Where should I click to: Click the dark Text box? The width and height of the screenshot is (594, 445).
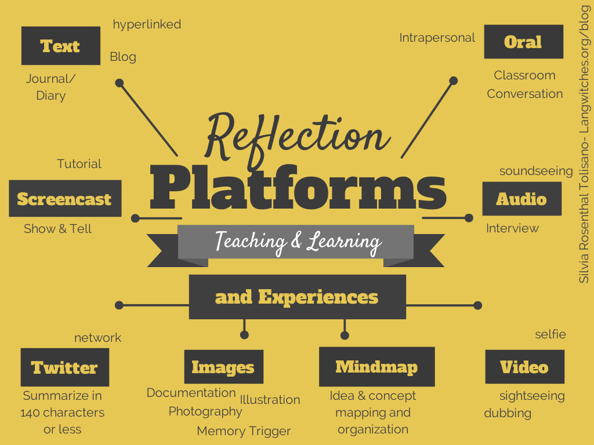tap(60, 46)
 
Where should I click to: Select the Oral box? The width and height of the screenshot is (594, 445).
tap(523, 42)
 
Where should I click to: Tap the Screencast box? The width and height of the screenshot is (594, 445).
tap(64, 199)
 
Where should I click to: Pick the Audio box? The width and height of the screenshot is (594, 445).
tap(521, 199)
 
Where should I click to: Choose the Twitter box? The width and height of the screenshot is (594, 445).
tap(64, 367)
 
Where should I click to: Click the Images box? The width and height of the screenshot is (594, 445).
tap(223, 367)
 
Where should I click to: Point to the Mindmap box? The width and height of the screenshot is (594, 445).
tap(376, 366)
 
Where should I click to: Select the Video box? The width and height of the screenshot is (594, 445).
tap(524, 367)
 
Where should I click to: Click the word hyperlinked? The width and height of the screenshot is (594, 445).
tap(147, 24)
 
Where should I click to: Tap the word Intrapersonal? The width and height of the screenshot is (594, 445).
tap(437, 38)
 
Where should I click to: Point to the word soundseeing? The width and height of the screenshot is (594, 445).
tap(536, 171)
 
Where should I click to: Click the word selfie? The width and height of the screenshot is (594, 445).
tap(550, 334)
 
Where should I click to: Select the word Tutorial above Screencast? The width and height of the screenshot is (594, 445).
tap(79, 164)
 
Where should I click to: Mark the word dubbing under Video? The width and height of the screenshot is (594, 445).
tap(508, 413)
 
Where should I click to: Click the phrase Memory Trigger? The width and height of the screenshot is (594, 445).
tap(244, 431)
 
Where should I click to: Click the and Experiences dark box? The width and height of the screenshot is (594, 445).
tap(297, 297)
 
